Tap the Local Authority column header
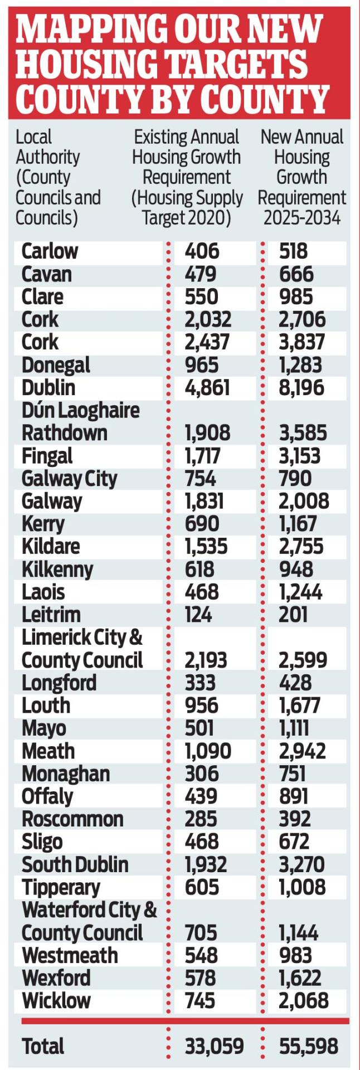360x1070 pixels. coord(58,177)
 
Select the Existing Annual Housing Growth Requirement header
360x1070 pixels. coord(187,177)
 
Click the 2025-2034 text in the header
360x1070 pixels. coord(301,217)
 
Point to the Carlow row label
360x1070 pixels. coord(50,251)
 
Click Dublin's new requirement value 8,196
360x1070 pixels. coord(301,388)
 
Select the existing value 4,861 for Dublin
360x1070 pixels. coord(207,388)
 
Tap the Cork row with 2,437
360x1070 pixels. coord(40,342)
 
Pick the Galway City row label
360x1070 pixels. coord(70,479)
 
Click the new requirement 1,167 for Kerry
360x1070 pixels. coord(298,524)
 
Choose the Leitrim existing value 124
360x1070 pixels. coord(198,615)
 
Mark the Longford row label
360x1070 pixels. coord(59,683)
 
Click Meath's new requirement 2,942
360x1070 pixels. coord(302,751)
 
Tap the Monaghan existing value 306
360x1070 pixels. coord(202,774)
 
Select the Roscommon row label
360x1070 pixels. coord(72,819)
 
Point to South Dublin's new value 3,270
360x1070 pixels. coord(301,864)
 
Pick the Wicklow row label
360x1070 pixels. coord(56,1000)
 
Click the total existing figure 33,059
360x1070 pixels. coord(214,1047)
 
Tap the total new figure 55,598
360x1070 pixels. coord(308,1047)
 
